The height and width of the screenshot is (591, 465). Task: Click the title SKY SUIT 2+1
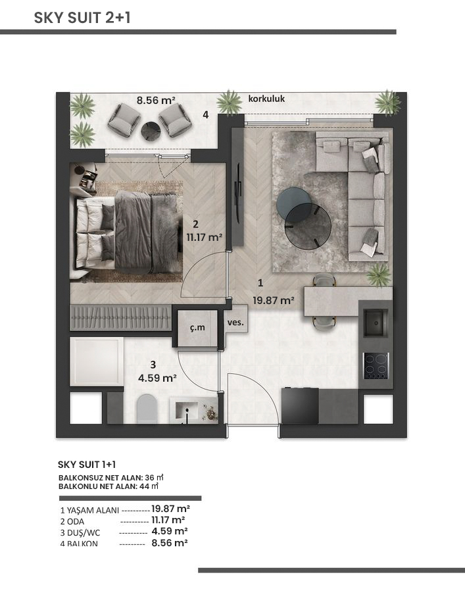[82, 18]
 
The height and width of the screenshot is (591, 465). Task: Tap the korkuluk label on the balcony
[266, 99]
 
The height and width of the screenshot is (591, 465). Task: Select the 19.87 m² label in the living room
[273, 300]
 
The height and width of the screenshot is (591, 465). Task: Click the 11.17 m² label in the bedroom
[205, 237]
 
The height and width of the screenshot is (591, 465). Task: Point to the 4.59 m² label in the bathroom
[157, 378]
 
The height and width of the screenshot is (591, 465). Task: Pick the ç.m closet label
[197, 328]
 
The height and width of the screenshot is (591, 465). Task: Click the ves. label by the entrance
[235, 322]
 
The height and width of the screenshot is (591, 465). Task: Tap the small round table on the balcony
[151, 131]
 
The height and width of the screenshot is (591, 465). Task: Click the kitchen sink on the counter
[376, 322]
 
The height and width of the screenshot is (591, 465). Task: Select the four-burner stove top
[376, 366]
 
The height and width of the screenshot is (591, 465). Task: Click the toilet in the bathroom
[146, 409]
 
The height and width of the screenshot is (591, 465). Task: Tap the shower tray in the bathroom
[97, 361]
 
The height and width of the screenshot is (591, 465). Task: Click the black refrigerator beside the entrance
[300, 406]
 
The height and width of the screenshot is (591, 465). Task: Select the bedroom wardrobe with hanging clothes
[120, 318]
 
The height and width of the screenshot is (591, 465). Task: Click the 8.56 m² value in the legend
[170, 543]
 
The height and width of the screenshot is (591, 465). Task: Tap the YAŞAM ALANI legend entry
[89, 510]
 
